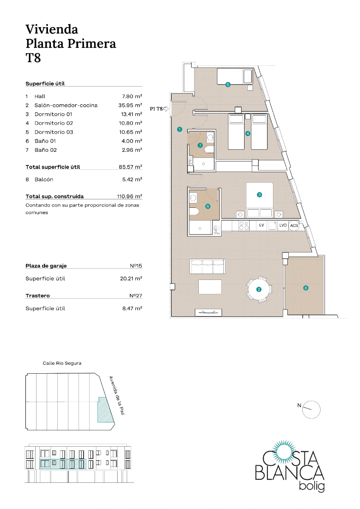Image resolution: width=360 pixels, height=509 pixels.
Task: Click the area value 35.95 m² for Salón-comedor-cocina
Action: coord(130,105)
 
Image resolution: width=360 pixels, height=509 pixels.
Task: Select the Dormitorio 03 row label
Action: coord(54,132)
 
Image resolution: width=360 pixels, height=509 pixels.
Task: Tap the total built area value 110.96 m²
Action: coord(129,196)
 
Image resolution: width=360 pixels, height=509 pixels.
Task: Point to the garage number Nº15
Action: coord(136,266)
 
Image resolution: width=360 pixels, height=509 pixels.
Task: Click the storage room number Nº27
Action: coord(136,296)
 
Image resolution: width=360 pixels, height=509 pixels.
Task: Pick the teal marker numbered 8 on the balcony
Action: coord(306,288)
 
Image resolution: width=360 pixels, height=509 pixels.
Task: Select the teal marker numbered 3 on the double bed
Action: coord(259,195)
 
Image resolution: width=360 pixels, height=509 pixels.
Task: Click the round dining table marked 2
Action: coord(258,290)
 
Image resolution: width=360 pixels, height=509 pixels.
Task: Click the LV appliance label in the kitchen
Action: coord(262,226)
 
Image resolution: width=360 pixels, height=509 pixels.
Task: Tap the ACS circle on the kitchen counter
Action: coord(294,226)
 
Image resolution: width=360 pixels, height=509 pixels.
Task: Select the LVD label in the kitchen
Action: coord(283,226)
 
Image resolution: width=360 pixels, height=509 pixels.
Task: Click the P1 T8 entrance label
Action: coord(157,109)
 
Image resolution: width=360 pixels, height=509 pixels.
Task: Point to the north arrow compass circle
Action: coord(312,409)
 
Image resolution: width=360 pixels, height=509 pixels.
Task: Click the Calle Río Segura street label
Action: coord(62,364)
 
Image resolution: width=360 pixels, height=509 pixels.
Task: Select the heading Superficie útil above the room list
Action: coord(45,84)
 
